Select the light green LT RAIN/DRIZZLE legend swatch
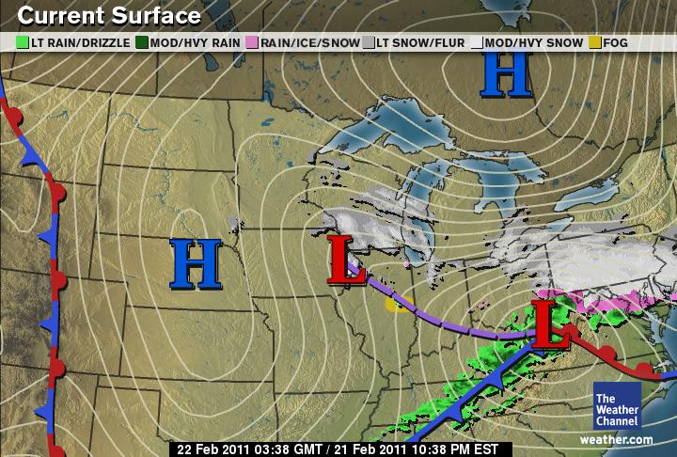[x=24, y=42]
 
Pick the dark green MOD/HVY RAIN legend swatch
[x=142, y=42]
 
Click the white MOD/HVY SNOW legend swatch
[x=477, y=42]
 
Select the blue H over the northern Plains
[x=196, y=263]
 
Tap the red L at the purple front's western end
[x=345, y=260]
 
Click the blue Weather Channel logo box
[x=616, y=405]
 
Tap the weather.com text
[x=616, y=439]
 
